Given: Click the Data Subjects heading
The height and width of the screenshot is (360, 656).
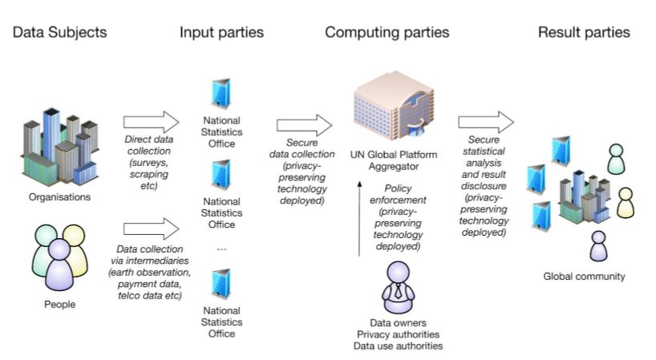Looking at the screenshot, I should pos(59,33).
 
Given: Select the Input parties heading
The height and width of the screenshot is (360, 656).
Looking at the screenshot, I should pos(221,33).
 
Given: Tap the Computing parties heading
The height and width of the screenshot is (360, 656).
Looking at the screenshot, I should pos(387,33).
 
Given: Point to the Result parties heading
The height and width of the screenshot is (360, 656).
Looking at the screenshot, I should pos(584,33).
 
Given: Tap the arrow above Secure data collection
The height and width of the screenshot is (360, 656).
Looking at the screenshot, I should pos(304,125).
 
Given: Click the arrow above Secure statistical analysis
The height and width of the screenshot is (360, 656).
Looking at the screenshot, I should pos(486,122).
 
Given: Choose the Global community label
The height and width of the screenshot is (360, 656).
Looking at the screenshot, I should pos(584,277).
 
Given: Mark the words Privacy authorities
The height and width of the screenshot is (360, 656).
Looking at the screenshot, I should pos(398,334).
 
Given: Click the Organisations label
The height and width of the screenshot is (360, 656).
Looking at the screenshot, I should pos(58,195).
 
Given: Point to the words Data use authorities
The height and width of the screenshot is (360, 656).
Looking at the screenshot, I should pos(398,346).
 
